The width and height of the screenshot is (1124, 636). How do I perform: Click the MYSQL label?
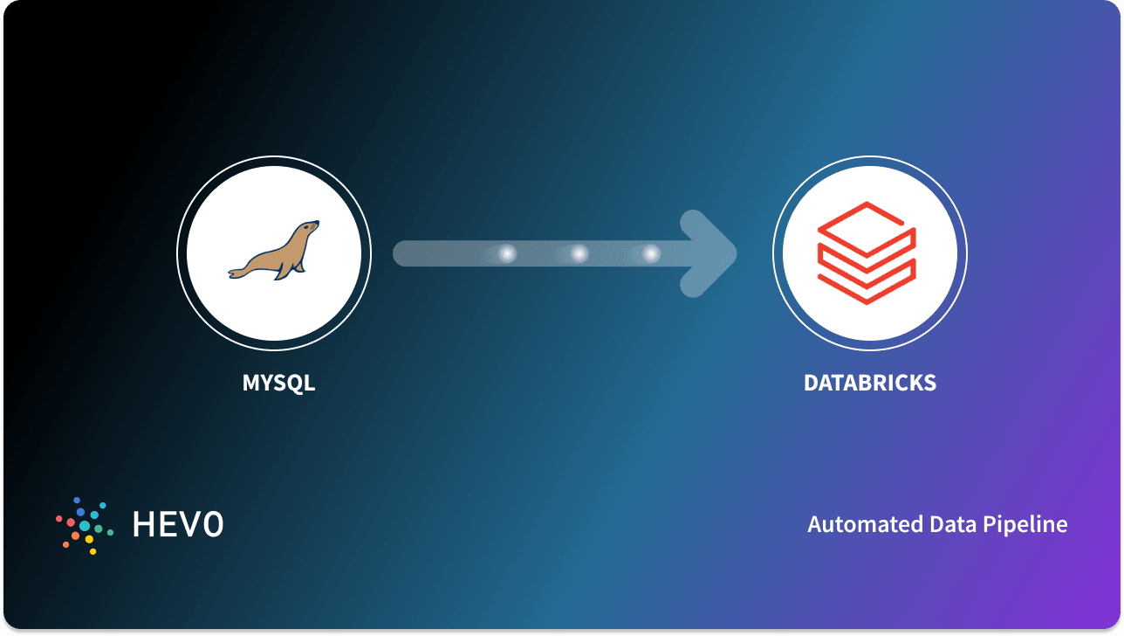pyautogui.click(x=278, y=383)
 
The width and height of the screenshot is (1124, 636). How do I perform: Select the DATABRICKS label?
pyautogui.click(x=870, y=383)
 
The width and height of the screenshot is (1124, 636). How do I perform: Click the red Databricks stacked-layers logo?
pyautogui.click(x=867, y=253)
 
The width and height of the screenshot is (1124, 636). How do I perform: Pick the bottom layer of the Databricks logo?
pyautogui.click(x=867, y=284)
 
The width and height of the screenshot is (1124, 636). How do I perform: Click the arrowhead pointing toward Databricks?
pyautogui.click(x=711, y=253)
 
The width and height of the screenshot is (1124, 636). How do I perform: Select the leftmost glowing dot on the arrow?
pyautogui.click(x=507, y=253)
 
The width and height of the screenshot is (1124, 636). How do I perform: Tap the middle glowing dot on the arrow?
pyautogui.click(x=579, y=253)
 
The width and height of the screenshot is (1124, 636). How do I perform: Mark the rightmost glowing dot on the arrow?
pyautogui.click(x=651, y=253)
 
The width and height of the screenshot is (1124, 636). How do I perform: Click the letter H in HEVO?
pyautogui.click(x=143, y=524)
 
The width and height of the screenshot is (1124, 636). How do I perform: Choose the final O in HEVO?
pyautogui.click(x=213, y=524)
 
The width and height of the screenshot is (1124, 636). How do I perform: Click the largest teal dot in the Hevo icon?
pyautogui.click(x=85, y=526)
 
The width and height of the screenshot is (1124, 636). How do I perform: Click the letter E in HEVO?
pyautogui.click(x=168, y=524)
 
